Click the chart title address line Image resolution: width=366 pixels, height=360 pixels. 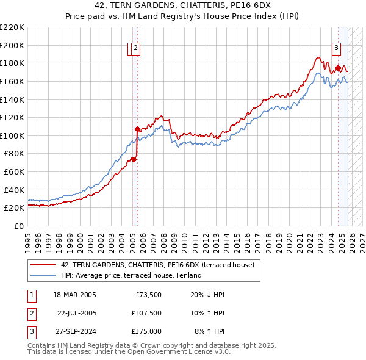(x=182, y=5)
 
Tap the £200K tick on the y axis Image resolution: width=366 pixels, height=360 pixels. (x=12, y=45)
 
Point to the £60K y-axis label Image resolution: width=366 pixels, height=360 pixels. (x=14, y=171)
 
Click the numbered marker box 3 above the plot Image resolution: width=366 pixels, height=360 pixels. (x=336, y=49)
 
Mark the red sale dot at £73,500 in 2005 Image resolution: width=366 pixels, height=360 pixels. (x=134, y=160)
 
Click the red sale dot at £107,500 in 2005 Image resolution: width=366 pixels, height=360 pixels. (x=137, y=129)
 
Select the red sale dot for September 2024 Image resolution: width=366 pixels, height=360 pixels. (x=338, y=68)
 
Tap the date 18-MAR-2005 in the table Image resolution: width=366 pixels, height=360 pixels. (x=74, y=295)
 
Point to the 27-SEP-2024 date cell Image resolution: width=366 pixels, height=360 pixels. (x=74, y=331)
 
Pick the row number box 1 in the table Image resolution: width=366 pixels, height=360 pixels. (x=31, y=295)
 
